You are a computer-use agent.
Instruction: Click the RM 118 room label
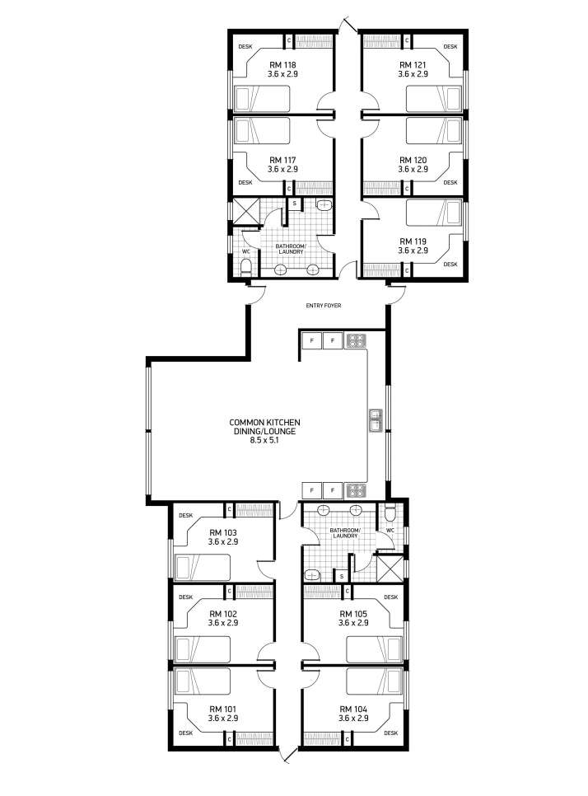click(282, 65)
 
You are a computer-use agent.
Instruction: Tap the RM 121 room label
click(413, 65)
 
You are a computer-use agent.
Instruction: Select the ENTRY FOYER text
click(324, 306)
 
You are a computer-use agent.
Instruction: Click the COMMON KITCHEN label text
click(264, 423)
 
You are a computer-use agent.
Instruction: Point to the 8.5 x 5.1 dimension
click(264, 440)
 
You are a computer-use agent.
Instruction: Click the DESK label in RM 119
click(450, 265)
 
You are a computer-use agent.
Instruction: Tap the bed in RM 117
click(262, 131)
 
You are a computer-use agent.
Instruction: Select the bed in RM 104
click(375, 681)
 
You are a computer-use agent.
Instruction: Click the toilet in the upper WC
click(246, 266)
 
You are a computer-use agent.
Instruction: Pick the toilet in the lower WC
click(390, 514)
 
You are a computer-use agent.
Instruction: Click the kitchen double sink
click(376, 420)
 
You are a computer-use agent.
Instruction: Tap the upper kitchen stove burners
click(356, 340)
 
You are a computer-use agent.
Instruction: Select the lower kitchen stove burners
click(356, 490)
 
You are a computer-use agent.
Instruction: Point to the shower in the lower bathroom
click(390, 569)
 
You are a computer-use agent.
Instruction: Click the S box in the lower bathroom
click(342, 576)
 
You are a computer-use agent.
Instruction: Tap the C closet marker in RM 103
click(229, 509)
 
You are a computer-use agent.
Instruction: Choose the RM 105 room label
click(353, 614)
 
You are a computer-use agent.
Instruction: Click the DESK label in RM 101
click(185, 733)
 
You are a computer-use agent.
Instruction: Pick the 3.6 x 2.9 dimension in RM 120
click(413, 170)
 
